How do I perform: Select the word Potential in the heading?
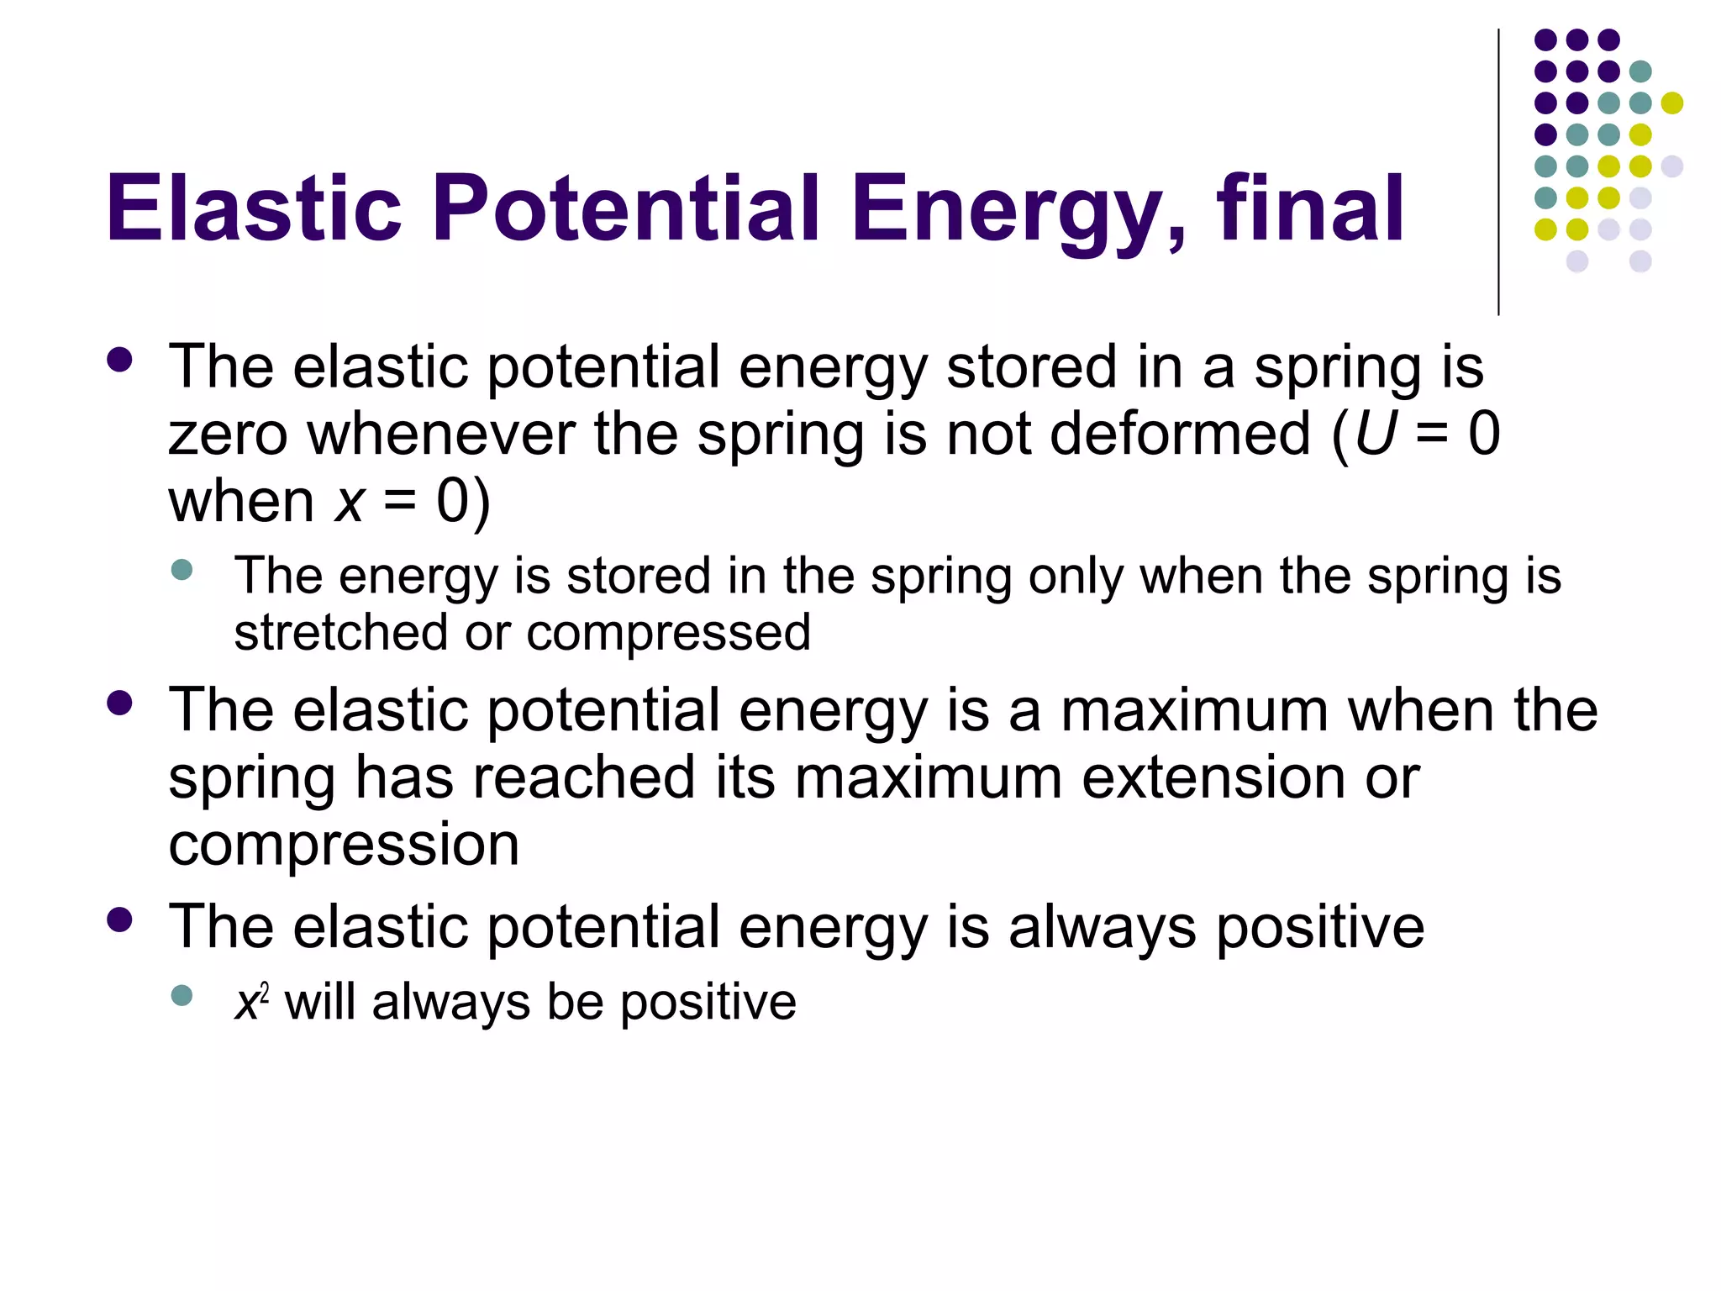pyautogui.click(x=625, y=208)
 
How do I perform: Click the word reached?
pyautogui.click(x=584, y=777)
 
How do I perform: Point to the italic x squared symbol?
pyautogui.click(x=251, y=1001)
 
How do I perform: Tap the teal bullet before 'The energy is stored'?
pyautogui.click(x=182, y=570)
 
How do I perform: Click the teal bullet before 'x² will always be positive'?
pyautogui.click(x=182, y=996)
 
